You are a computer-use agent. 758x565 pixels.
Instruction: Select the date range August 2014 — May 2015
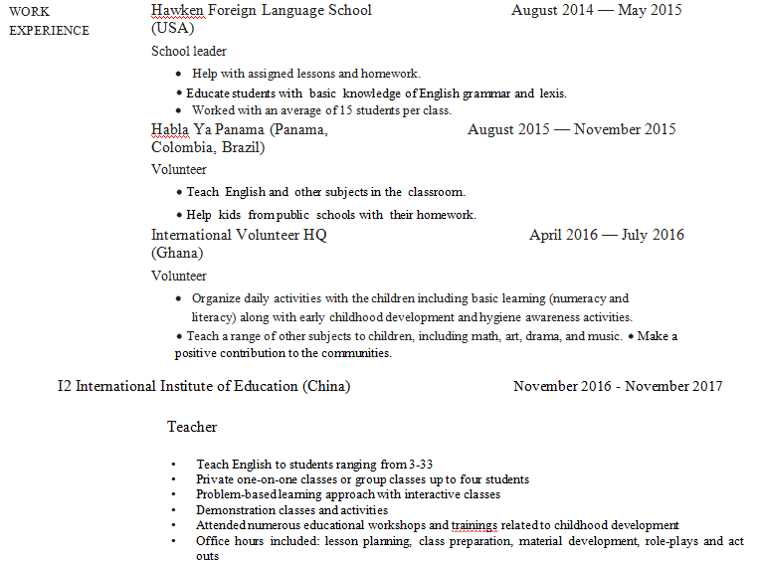[x=596, y=10]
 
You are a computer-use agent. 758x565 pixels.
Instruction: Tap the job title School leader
[x=189, y=51]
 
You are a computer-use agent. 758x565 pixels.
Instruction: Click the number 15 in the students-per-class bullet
[x=313, y=110]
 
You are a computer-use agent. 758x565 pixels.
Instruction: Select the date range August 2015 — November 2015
[x=571, y=129]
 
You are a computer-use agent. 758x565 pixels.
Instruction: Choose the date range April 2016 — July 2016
[x=606, y=236]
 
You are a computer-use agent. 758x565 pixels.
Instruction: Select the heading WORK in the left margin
[x=29, y=11]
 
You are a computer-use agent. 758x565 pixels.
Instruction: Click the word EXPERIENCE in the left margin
[x=49, y=30]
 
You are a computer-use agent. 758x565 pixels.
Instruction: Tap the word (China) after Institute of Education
[x=326, y=386]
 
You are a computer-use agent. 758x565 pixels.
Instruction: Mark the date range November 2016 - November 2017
[x=618, y=386]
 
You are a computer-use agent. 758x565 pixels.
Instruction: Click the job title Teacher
[x=192, y=427]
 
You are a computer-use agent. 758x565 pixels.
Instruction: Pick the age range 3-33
[x=421, y=465]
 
